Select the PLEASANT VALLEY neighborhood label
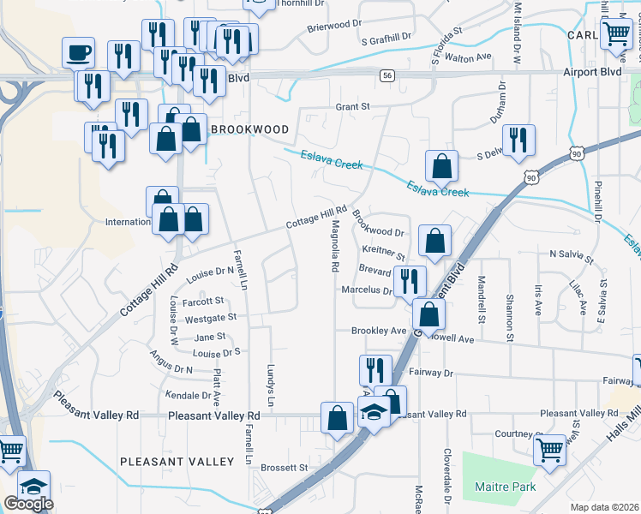177,462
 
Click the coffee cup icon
79,52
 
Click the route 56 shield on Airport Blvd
387,75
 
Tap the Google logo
28,504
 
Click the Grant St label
351,107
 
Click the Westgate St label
210,317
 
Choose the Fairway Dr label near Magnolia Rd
430,373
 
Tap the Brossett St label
285,468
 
